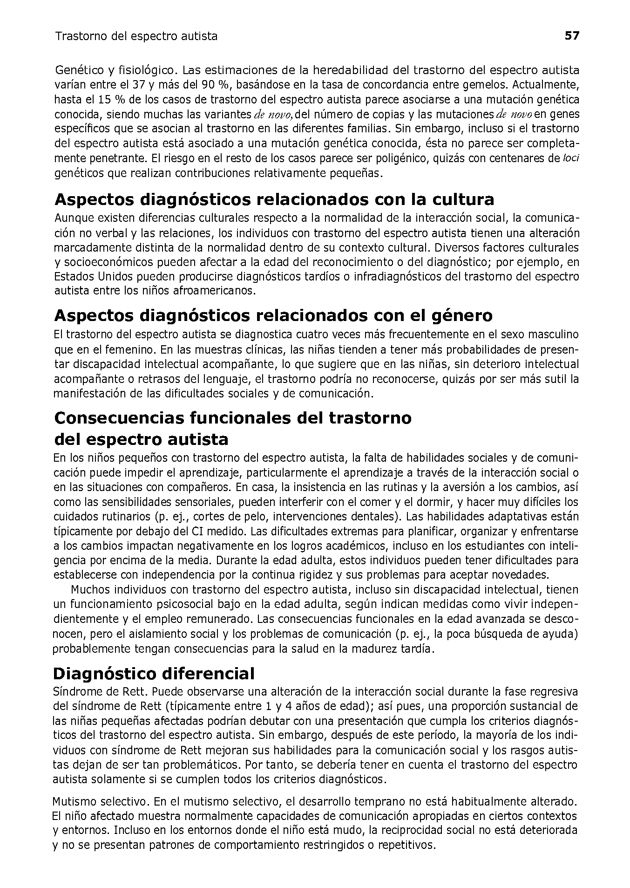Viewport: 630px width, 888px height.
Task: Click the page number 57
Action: (x=572, y=36)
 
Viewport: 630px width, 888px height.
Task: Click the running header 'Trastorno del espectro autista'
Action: (x=136, y=36)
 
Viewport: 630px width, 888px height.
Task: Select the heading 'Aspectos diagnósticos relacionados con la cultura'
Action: (x=274, y=200)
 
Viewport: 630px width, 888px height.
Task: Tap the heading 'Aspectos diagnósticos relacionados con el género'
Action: (x=273, y=316)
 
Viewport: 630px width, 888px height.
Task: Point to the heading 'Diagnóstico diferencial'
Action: (x=154, y=674)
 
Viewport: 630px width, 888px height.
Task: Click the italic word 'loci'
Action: (x=571, y=158)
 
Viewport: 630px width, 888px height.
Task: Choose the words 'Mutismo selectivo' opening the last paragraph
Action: (x=99, y=802)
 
